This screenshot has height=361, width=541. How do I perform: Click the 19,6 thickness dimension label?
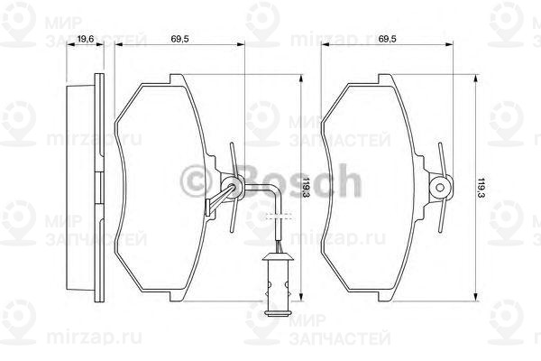(x=86, y=39)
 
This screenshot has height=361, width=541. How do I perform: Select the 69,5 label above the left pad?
(x=179, y=39)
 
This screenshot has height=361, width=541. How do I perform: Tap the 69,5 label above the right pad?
(x=389, y=39)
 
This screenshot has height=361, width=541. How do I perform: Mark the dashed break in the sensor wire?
(x=278, y=218)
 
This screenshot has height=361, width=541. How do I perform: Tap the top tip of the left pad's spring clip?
(x=233, y=146)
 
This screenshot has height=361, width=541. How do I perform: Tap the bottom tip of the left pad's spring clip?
(x=232, y=230)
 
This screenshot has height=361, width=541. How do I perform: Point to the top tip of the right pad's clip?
(x=440, y=146)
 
